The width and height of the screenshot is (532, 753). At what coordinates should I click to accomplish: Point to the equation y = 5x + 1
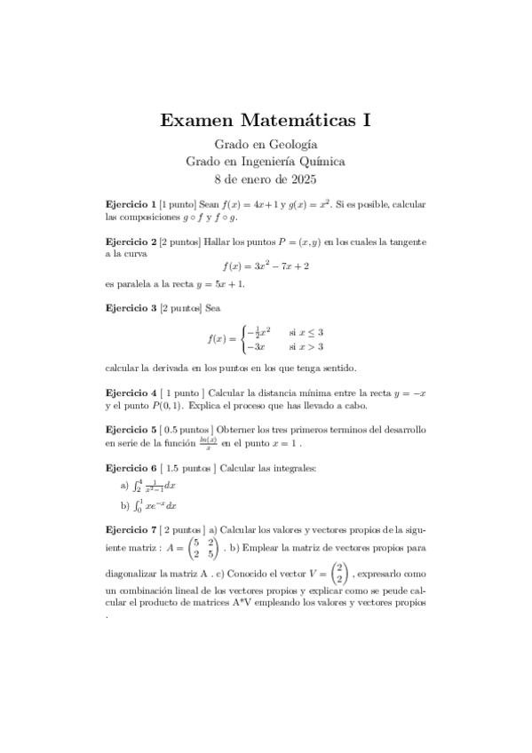pyautogui.click(x=218, y=284)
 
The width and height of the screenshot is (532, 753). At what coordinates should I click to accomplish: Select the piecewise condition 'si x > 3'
pyautogui.click(x=306, y=347)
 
